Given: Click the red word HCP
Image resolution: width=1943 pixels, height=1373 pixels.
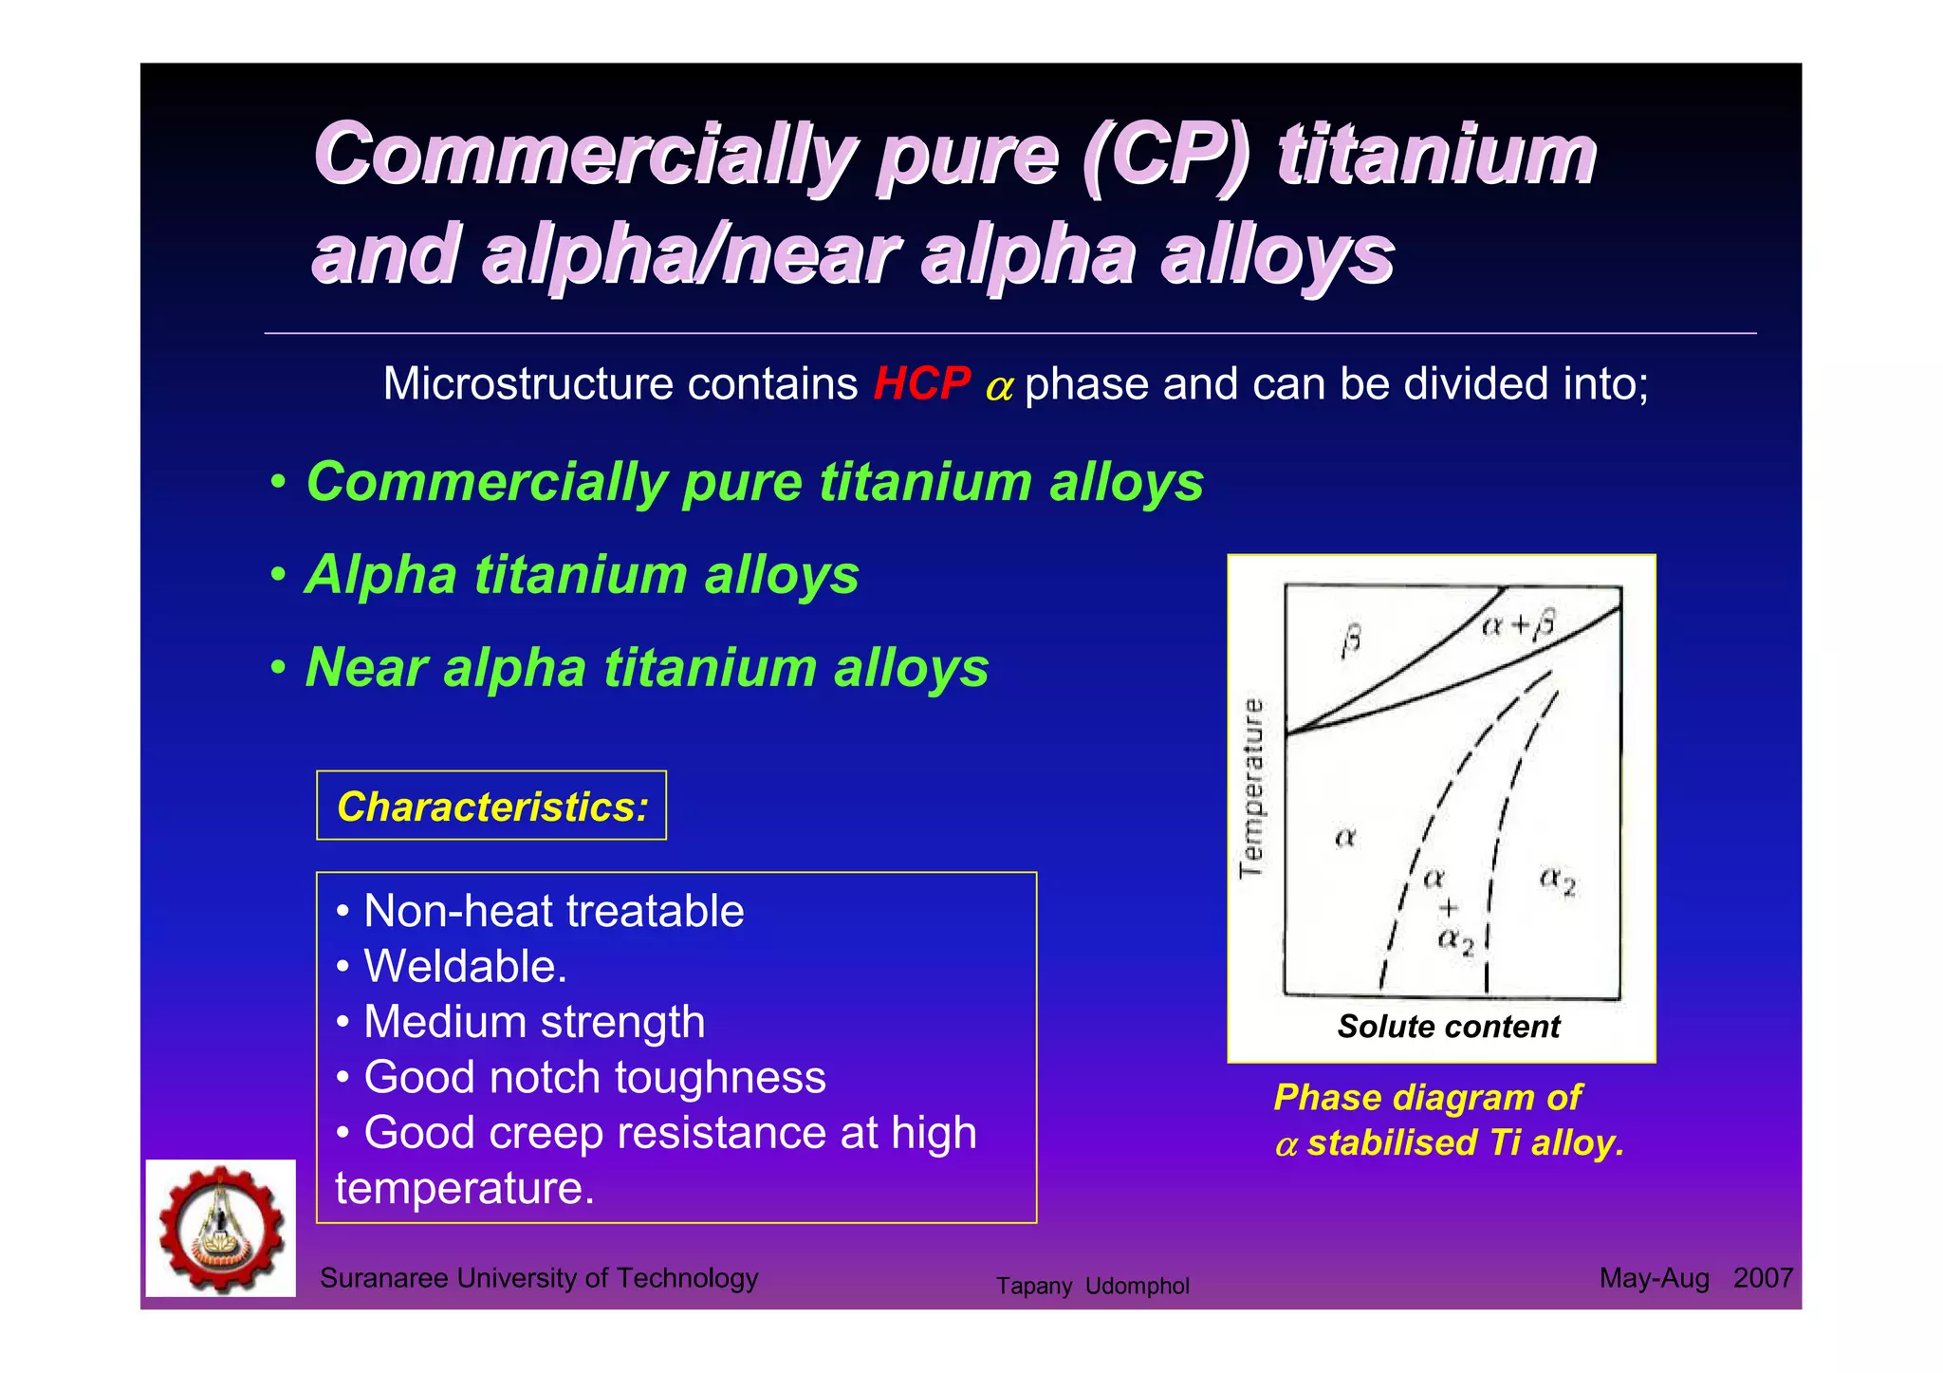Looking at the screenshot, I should click(x=920, y=384).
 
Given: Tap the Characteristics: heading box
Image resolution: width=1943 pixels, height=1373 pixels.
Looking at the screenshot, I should click(x=491, y=807).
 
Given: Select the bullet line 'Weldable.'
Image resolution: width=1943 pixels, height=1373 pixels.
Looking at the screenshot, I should click(x=465, y=967).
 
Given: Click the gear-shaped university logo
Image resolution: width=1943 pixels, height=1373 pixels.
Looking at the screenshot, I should click(x=221, y=1228).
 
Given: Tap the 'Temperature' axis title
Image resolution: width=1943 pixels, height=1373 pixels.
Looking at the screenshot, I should click(x=1252, y=789).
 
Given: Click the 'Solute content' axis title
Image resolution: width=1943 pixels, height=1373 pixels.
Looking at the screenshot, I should click(x=1448, y=1027).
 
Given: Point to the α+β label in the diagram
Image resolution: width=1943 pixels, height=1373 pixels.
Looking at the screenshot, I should click(x=1518, y=624).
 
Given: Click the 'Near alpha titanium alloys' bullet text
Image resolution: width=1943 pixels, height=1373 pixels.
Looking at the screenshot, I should click(x=647, y=667).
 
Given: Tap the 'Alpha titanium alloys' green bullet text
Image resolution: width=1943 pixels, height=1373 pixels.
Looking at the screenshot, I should click(x=582, y=575).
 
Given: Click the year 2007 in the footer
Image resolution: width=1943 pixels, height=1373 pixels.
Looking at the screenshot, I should click(x=1763, y=1278).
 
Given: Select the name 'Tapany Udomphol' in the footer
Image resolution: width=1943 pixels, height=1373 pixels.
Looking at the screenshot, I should click(x=1092, y=1287).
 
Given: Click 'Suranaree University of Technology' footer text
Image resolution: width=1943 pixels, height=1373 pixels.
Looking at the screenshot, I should click(x=539, y=1278).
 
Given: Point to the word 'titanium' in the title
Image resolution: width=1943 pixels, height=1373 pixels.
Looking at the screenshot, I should click(x=1436, y=156).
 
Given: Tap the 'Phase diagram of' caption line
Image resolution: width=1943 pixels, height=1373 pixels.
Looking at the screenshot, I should click(x=1427, y=1098).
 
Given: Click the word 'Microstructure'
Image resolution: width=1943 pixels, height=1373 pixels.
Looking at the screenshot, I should click(x=527, y=384).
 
